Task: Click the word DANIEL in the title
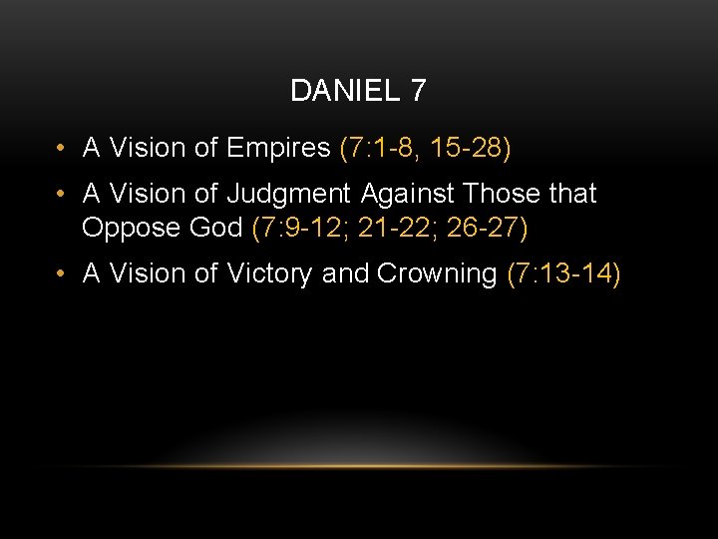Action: pyautogui.click(x=344, y=91)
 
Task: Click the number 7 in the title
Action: pyautogui.click(x=417, y=91)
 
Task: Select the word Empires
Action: pyautogui.click(x=278, y=149)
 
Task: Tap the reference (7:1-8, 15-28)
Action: pyautogui.click(x=425, y=149)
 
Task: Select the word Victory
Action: pyautogui.click(x=264, y=273)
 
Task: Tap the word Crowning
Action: pyautogui.click(x=436, y=273)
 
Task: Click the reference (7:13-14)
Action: pyautogui.click(x=563, y=273)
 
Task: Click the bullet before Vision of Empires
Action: pyautogui.click(x=62, y=149)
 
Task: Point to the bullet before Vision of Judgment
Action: pyautogui.click(x=62, y=194)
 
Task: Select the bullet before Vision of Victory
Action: pyautogui.click(x=62, y=273)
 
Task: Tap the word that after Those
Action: pyautogui.click(x=572, y=194)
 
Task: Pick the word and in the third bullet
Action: pyautogui.click(x=345, y=273)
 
